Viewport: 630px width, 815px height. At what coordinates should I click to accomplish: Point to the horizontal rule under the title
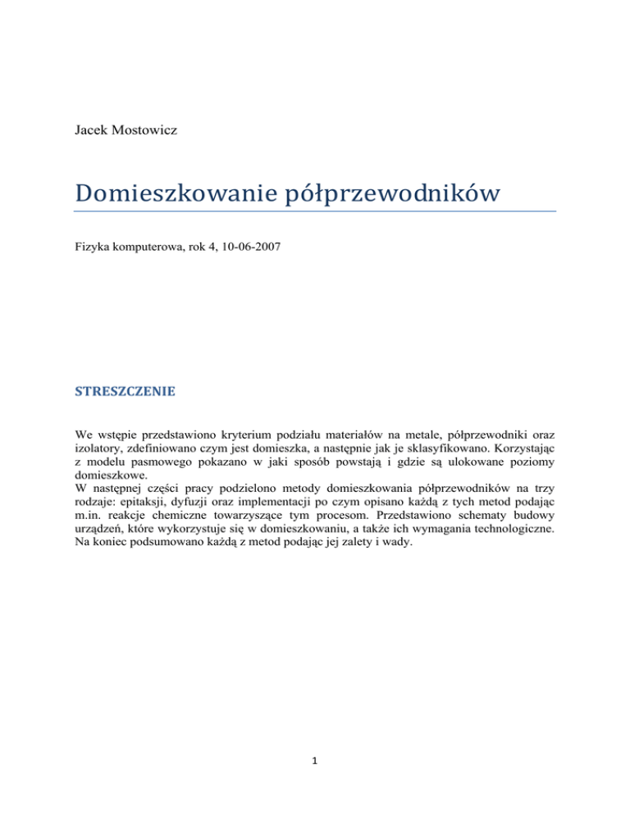pos(315,211)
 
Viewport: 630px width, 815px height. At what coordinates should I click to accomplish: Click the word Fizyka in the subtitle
pos(90,245)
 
